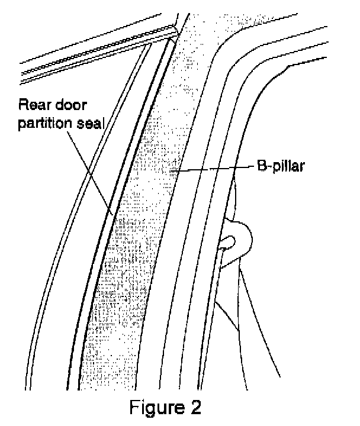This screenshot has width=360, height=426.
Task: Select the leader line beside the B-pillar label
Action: (x=213, y=169)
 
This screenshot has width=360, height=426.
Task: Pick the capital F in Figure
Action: (x=135, y=408)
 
